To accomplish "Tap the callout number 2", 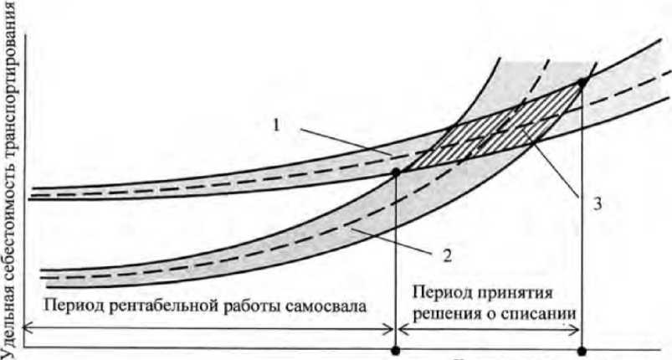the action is [448, 255].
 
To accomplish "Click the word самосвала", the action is [323, 306].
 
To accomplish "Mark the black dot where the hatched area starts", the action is [396, 171].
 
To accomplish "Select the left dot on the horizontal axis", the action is [396, 351].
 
